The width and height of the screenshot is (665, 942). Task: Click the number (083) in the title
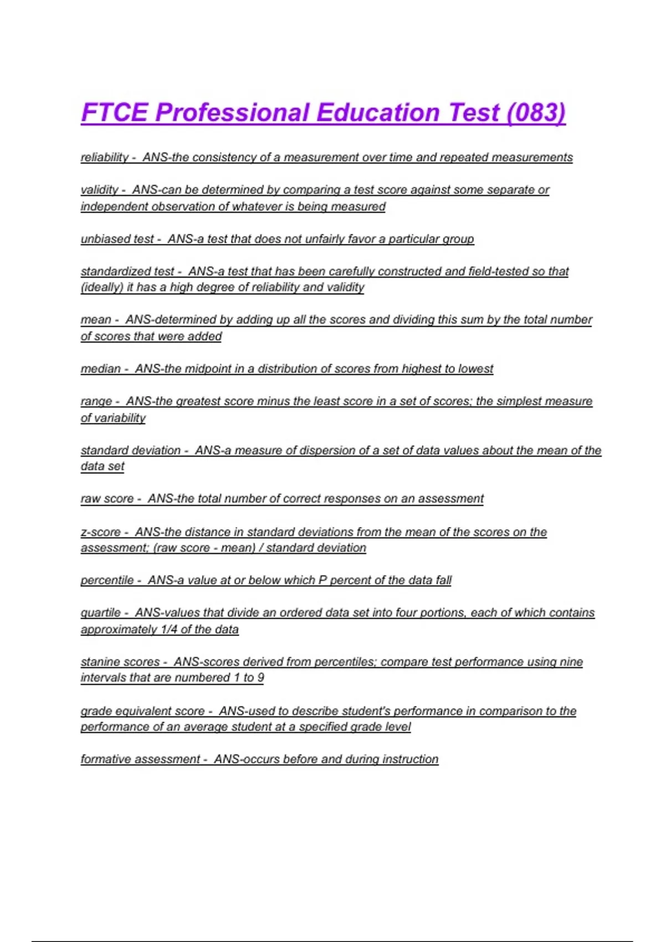point(536,112)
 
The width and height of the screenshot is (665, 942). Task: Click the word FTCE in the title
point(115,112)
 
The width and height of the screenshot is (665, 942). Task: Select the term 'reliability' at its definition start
point(104,157)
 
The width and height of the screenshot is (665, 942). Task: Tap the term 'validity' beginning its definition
point(99,190)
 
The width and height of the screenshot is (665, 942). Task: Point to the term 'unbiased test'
point(117,239)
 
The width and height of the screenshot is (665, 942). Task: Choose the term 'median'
point(100,368)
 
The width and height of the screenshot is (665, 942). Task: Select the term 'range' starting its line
point(96,401)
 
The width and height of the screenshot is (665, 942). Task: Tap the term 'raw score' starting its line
point(107,499)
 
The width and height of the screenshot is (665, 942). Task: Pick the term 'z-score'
point(100,532)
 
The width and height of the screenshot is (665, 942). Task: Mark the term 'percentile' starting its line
point(107,580)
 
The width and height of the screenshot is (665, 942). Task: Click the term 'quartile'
point(100,613)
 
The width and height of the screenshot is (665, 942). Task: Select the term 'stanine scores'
point(120,662)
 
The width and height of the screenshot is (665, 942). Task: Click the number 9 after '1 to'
point(260,678)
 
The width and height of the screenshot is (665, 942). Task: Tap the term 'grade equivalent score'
point(142,711)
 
